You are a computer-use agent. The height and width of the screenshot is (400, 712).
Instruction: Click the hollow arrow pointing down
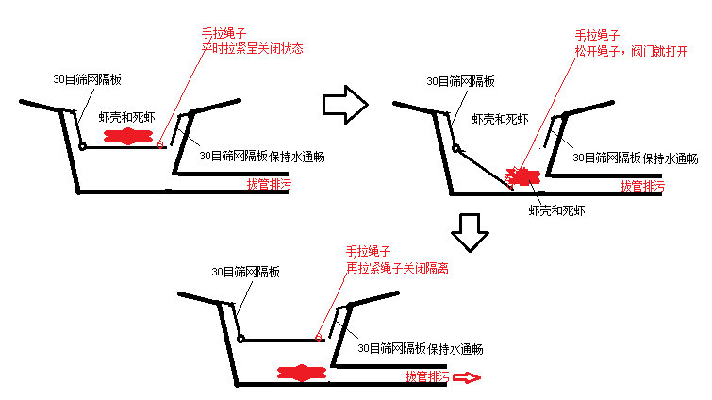click(469, 230)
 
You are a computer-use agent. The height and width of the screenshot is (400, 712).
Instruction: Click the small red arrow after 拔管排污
click(466, 377)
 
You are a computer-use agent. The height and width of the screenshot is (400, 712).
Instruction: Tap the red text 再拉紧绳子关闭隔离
click(396, 268)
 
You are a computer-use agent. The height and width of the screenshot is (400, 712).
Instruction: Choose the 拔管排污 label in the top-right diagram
click(641, 186)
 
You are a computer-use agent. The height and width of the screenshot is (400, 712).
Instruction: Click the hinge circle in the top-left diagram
click(83, 146)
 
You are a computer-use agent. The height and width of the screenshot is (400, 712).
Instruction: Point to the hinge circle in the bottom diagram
click(240, 339)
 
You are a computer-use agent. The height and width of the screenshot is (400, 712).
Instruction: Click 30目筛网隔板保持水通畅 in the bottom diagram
click(421, 349)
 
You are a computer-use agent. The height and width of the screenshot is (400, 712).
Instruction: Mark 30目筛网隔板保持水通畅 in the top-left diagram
click(262, 157)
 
